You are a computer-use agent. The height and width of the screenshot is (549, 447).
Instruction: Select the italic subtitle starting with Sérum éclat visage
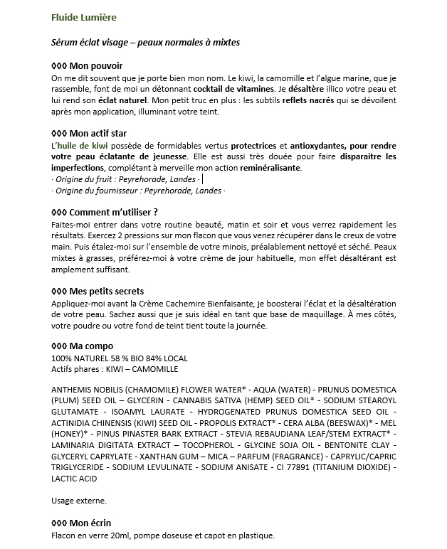click(x=146, y=42)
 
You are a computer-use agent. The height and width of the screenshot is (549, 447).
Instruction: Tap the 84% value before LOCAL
click(x=145, y=358)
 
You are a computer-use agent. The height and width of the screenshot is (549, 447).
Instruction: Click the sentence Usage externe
click(x=79, y=501)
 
